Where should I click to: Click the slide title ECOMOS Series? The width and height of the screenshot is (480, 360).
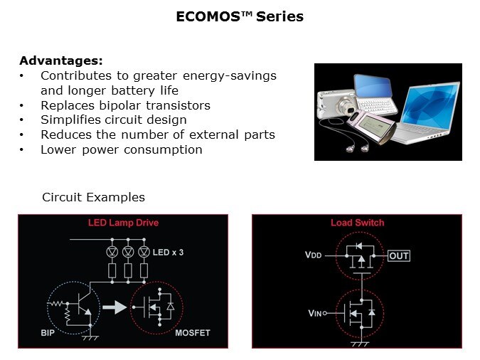click(240, 16)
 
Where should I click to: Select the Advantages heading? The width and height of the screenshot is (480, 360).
click(61, 60)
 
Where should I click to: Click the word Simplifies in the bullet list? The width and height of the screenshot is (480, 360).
click(70, 120)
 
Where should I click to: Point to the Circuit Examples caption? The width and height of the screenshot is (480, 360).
click(94, 197)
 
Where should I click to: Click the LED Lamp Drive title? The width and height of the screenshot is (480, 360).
click(123, 223)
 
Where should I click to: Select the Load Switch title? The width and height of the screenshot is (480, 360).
click(357, 223)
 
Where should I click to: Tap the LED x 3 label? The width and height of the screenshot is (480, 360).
click(168, 253)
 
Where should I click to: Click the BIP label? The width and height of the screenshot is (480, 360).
click(48, 333)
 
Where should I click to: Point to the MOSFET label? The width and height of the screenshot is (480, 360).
click(193, 333)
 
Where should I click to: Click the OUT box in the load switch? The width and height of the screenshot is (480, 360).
click(399, 256)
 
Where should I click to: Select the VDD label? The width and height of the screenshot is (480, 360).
click(313, 255)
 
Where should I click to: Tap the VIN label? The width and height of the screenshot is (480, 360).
click(315, 313)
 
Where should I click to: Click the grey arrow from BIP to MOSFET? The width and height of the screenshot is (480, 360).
click(114, 307)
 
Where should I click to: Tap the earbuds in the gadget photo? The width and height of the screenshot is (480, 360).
click(358, 148)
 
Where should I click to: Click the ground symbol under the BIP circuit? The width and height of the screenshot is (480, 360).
click(90, 338)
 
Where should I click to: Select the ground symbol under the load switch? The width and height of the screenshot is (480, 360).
click(361, 344)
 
